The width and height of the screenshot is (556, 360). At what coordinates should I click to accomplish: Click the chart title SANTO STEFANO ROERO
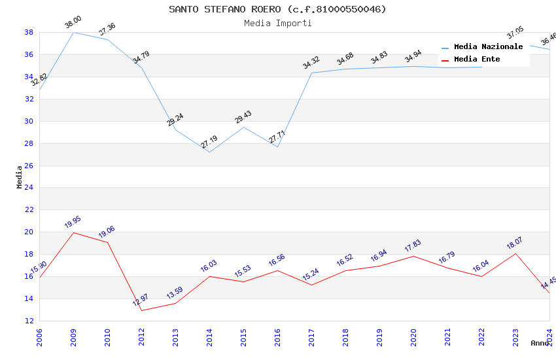click(277, 9)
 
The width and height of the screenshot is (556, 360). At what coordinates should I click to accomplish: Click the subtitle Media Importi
click(277, 23)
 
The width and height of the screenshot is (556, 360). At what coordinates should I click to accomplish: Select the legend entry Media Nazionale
click(488, 46)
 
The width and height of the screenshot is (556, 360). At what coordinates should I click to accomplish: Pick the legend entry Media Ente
click(477, 59)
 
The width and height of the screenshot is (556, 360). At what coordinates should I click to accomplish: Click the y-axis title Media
click(20, 177)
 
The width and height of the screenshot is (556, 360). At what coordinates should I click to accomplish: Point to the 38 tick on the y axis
click(29, 32)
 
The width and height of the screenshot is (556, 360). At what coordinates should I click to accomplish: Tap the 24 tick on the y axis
click(29, 188)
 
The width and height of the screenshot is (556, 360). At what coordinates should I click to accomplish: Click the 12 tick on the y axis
click(29, 321)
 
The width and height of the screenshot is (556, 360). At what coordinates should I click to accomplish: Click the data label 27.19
click(209, 142)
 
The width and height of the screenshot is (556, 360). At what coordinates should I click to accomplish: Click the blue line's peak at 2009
click(73, 32)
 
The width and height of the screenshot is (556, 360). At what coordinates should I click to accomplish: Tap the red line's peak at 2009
click(73, 232)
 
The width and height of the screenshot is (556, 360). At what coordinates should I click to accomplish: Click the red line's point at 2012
click(141, 310)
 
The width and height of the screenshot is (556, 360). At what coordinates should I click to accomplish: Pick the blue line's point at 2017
click(311, 73)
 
